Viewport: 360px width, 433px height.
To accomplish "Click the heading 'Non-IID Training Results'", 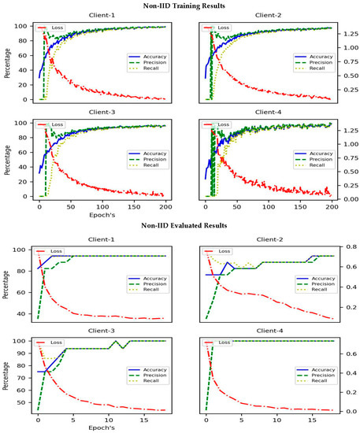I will click(x=180, y=6).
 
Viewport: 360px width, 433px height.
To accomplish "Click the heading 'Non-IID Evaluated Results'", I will click(x=180, y=225).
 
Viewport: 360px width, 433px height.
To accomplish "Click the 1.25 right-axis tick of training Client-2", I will click(x=344, y=33).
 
